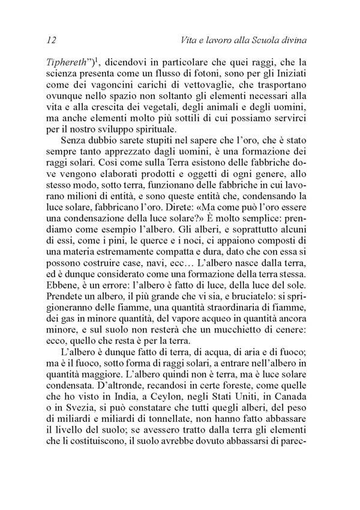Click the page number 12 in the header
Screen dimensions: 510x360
[50, 40]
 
